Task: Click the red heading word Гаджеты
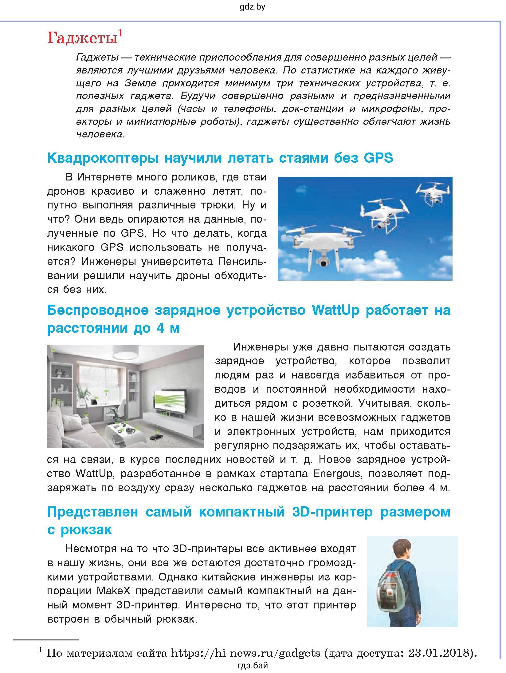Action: (82, 39)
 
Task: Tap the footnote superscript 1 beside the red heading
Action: (120, 33)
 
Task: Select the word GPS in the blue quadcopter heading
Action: (379, 158)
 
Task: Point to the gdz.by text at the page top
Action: (252, 7)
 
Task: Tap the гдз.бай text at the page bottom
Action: (253, 666)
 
